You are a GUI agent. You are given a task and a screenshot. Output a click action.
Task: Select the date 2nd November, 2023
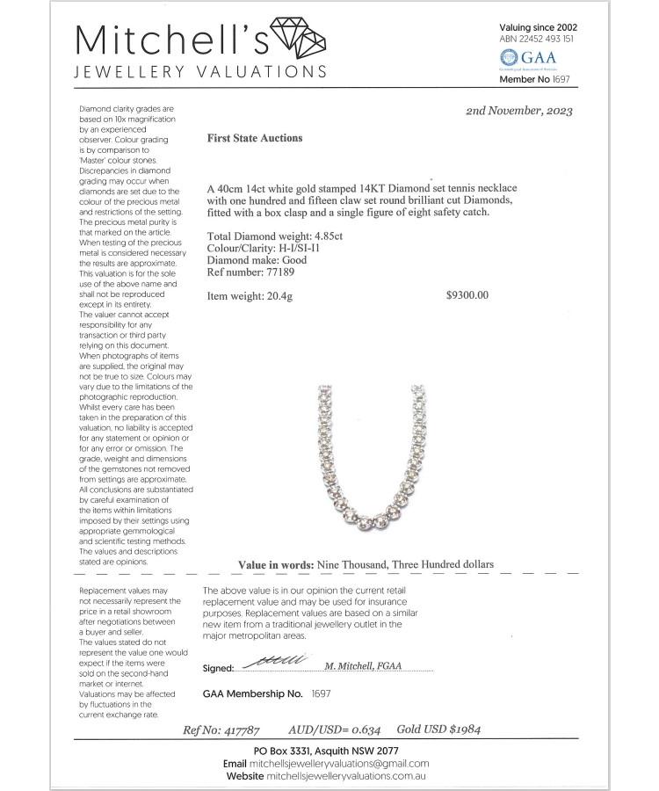tap(519, 111)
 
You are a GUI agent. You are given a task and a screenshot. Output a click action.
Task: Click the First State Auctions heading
tap(255, 138)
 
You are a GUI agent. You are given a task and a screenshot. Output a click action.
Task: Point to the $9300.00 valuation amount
tap(467, 295)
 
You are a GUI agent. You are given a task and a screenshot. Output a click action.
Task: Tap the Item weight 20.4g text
tap(250, 296)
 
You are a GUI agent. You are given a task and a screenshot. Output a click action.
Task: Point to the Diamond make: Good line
tap(255, 261)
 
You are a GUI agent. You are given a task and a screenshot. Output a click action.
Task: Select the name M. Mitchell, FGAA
tap(363, 665)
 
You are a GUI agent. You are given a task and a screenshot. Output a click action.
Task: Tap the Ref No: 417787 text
tap(222, 729)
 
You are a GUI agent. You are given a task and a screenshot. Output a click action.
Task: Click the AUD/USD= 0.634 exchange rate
tap(334, 729)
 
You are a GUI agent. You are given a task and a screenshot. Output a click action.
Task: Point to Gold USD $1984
tap(438, 729)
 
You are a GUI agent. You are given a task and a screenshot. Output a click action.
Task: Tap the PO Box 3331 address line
tap(326, 751)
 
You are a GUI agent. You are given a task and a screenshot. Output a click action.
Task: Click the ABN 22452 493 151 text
tap(537, 40)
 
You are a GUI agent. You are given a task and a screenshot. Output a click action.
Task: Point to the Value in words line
tap(366, 564)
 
